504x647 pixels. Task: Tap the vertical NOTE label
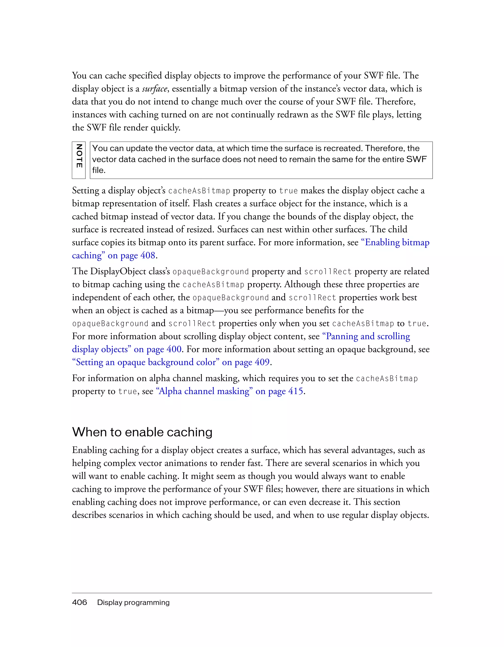79,156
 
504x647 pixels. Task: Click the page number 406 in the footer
79,602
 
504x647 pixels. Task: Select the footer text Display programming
133,602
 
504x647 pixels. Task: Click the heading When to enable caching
142,432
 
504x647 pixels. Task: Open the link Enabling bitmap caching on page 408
395,242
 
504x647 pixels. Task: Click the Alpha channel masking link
204,391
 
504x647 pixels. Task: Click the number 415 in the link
296,391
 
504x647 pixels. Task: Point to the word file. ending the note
99,170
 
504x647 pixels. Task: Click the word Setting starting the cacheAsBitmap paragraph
85,190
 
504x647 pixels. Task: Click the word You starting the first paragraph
79,75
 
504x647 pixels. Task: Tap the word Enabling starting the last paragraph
89,450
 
